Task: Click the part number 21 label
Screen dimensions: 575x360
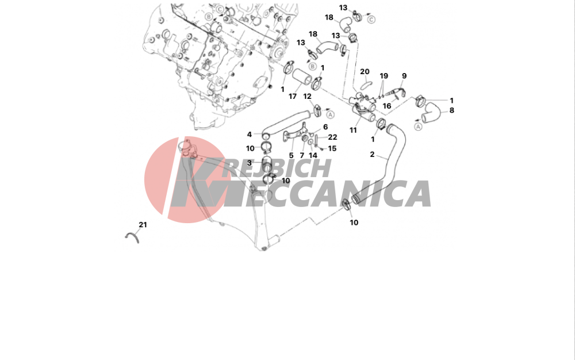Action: (x=143, y=225)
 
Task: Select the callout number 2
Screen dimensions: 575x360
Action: (x=372, y=154)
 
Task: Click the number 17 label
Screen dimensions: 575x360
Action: (x=292, y=97)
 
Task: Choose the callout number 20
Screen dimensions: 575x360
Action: (x=365, y=72)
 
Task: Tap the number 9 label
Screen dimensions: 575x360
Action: (x=404, y=76)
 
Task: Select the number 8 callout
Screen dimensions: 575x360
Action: (x=451, y=110)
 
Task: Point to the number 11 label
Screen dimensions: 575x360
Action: (x=353, y=130)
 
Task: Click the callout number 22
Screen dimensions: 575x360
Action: (x=332, y=137)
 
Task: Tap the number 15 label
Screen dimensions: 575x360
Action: (x=332, y=148)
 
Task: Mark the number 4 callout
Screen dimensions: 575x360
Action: (x=250, y=135)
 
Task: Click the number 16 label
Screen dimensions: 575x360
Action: (x=387, y=106)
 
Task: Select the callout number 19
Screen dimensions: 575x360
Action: (x=384, y=76)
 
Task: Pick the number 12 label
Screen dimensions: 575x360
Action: (x=307, y=97)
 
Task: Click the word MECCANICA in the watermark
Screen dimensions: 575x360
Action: (x=327, y=194)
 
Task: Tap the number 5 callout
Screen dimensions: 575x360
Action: (x=291, y=155)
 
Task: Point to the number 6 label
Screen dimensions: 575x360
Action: (x=325, y=127)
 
